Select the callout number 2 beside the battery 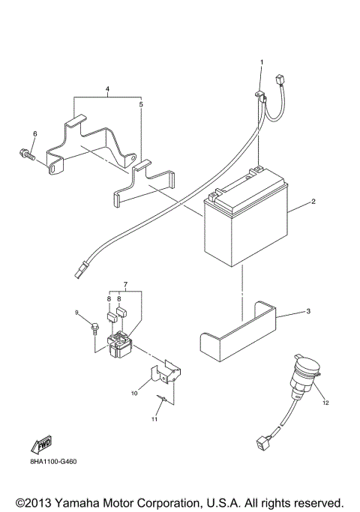pyautogui.click(x=312, y=202)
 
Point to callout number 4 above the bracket pyautogui.click(x=107, y=89)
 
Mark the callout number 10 pyautogui.click(x=135, y=392)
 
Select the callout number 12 pyautogui.click(x=326, y=403)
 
